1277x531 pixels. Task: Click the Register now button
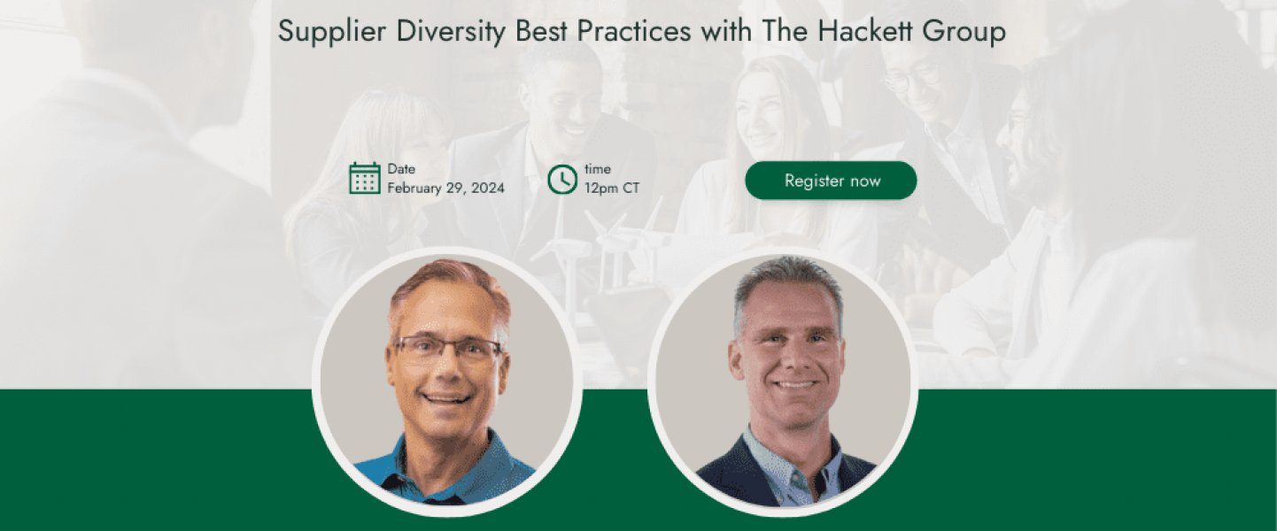pos(831,181)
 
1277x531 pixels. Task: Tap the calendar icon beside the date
pos(365,179)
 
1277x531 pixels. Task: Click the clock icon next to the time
pos(562,180)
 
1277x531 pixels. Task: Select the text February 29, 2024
pos(445,188)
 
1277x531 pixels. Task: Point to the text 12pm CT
pos(612,188)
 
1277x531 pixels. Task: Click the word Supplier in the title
pos(332,31)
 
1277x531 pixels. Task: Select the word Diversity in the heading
pos(451,31)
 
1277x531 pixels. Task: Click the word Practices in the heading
pos(634,31)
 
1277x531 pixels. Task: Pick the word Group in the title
pos(964,32)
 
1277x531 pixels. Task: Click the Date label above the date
pos(401,169)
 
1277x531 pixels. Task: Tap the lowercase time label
pos(598,169)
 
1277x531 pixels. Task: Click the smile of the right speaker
pos(793,384)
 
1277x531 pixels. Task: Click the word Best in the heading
pos(541,31)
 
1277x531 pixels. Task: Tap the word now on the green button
pos(865,181)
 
